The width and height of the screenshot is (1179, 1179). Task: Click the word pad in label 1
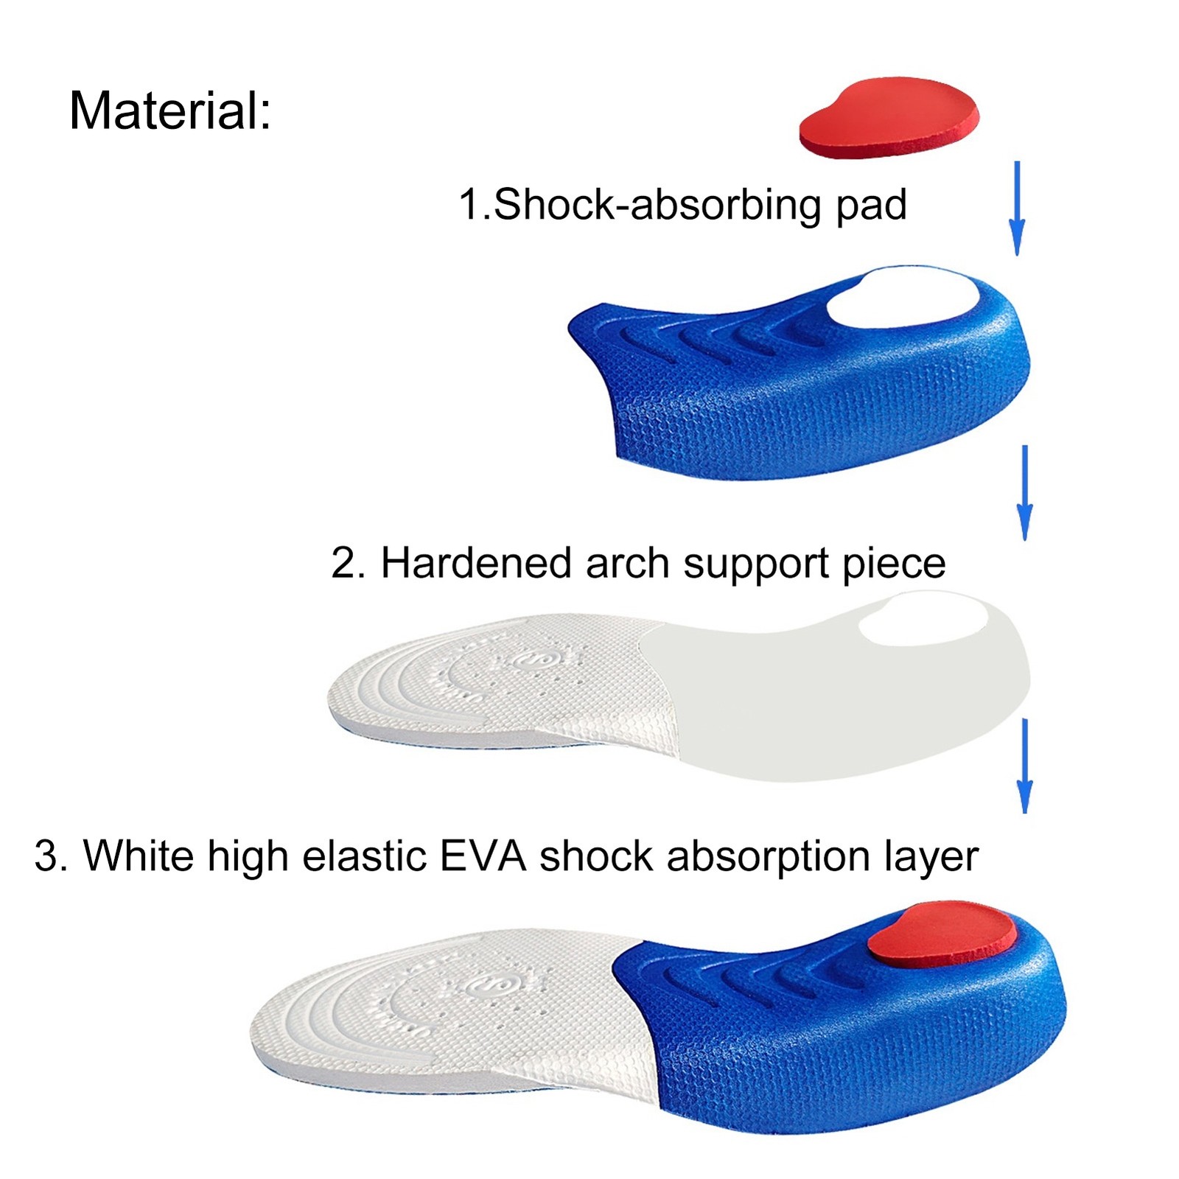(871, 204)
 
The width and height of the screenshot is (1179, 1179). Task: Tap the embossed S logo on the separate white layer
(529, 660)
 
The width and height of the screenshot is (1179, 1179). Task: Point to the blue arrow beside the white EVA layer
(1024, 766)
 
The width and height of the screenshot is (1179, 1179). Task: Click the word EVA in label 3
(483, 856)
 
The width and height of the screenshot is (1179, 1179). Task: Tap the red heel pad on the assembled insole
(942, 934)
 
